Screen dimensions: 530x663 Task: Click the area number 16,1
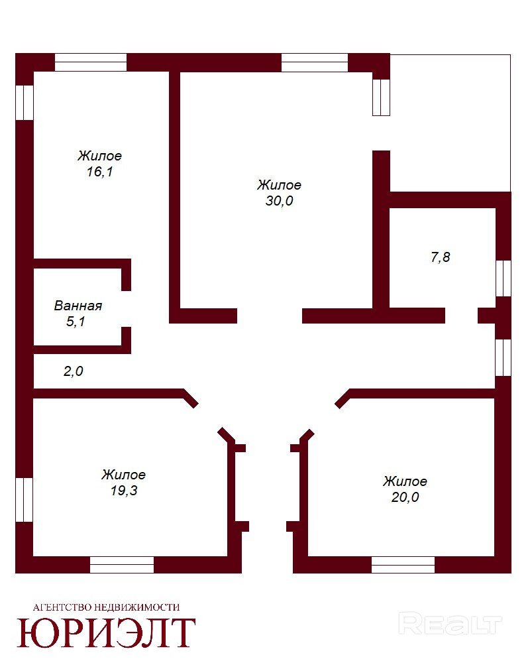click(x=100, y=172)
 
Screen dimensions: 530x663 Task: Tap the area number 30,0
click(x=279, y=201)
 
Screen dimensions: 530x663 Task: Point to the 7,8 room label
click(x=441, y=257)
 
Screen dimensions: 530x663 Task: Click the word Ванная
click(x=78, y=306)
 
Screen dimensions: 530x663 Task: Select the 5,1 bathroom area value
click(x=76, y=322)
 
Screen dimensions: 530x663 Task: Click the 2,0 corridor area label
click(x=73, y=371)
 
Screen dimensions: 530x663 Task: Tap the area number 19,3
click(x=124, y=491)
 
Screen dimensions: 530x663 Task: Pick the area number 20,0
click(x=405, y=497)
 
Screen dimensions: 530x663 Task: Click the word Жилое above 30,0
click(x=279, y=185)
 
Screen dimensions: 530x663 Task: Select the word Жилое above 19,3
click(x=123, y=475)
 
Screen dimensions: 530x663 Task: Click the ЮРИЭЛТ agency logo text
click(x=106, y=633)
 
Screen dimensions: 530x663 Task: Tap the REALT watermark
click(x=450, y=624)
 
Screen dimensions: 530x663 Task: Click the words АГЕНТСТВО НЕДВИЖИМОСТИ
click(x=106, y=607)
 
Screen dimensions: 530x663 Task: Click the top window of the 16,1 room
click(x=91, y=62)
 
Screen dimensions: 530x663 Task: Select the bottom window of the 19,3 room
click(x=122, y=565)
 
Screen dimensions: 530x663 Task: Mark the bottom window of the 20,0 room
click(x=403, y=565)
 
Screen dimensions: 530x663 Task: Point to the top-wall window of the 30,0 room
click(x=315, y=62)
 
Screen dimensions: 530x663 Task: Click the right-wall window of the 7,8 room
click(x=503, y=278)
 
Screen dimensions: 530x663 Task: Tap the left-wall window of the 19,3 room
click(x=24, y=500)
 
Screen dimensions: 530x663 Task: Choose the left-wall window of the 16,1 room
click(x=24, y=103)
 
